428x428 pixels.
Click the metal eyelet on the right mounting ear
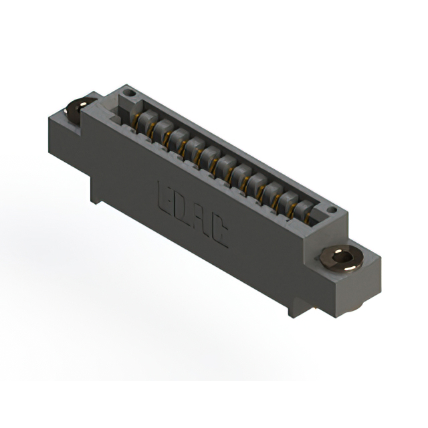[342, 258]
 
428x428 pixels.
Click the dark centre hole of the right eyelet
[342, 257]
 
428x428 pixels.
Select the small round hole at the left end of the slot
[129, 94]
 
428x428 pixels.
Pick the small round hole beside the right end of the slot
[332, 210]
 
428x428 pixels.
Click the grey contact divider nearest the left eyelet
[147, 120]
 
